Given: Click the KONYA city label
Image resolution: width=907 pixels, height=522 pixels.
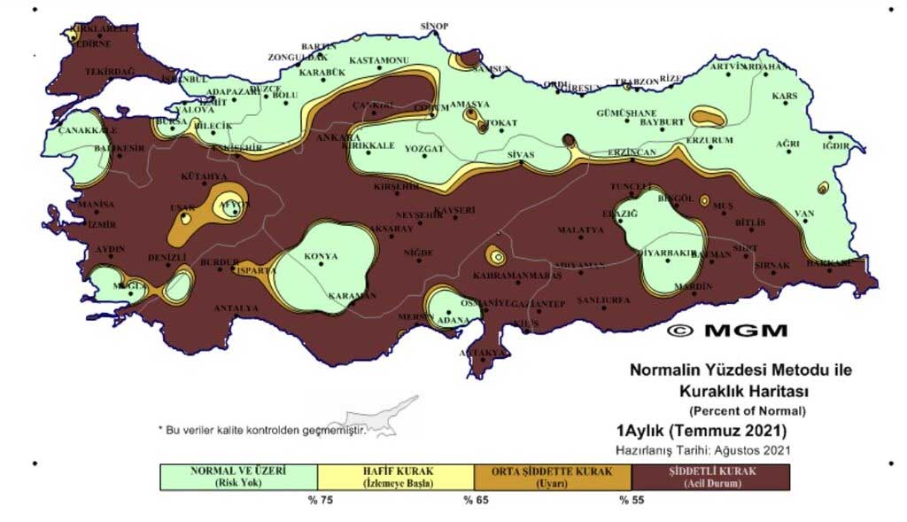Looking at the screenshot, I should [x=321, y=257].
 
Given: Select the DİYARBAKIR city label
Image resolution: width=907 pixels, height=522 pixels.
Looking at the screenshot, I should [x=669, y=253].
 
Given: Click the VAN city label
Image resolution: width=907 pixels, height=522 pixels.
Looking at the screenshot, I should [x=804, y=214].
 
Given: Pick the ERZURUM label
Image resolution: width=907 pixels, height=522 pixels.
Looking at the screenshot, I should [x=709, y=141].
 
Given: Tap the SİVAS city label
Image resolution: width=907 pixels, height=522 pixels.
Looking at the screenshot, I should [x=521, y=155].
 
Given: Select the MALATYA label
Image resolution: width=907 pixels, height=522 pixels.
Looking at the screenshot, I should [x=580, y=230].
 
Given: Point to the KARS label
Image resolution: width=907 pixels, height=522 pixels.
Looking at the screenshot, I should [x=785, y=96].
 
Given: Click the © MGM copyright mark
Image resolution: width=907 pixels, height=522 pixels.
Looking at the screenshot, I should [x=726, y=331].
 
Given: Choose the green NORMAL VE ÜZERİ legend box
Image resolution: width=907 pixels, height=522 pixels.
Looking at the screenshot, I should [x=238, y=477].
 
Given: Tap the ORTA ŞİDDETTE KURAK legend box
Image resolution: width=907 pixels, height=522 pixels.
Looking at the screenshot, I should [x=553, y=477].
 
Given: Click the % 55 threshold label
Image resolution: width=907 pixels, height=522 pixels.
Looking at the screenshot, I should [x=631, y=501].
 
